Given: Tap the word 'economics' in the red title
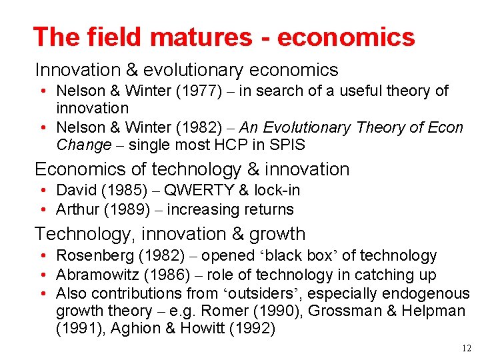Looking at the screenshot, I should (346, 37).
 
